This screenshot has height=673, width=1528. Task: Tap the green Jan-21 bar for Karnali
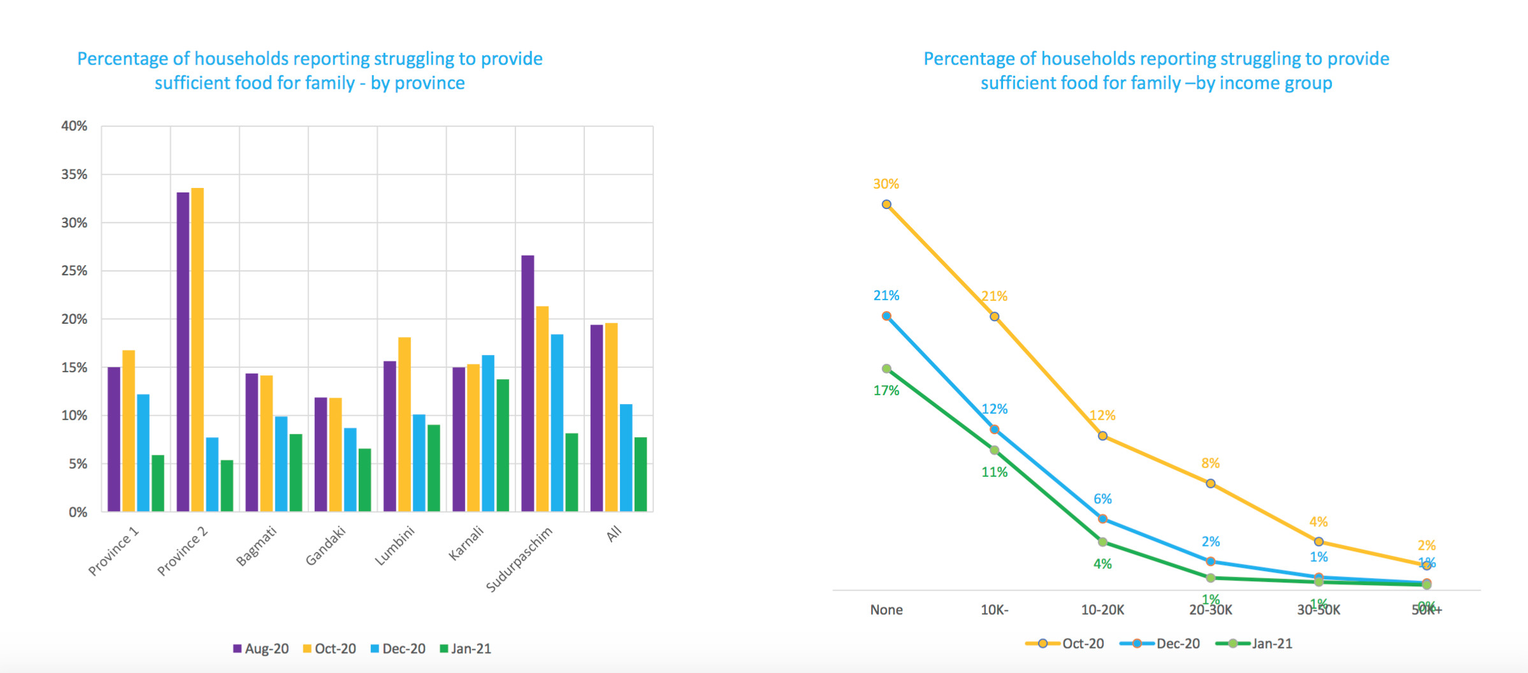point(503,445)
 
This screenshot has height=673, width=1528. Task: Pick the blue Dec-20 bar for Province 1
point(143,453)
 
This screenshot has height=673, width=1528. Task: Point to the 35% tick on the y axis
point(75,175)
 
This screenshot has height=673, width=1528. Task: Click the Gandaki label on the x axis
point(326,546)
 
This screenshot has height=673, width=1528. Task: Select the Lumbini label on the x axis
point(394,546)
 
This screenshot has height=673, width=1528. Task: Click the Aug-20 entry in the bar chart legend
point(261,649)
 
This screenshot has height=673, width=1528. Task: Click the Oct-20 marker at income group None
point(886,205)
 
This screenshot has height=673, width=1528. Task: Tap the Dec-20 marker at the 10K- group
point(995,430)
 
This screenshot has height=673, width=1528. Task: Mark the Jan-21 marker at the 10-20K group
point(1102,542)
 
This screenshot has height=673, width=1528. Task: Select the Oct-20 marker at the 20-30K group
point(1211,484)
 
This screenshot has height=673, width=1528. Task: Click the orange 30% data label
point(886,184)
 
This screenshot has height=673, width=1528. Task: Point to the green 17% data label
point(886,391)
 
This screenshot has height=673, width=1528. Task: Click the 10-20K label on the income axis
point(1102,610)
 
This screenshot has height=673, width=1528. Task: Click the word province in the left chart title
point(430,83)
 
